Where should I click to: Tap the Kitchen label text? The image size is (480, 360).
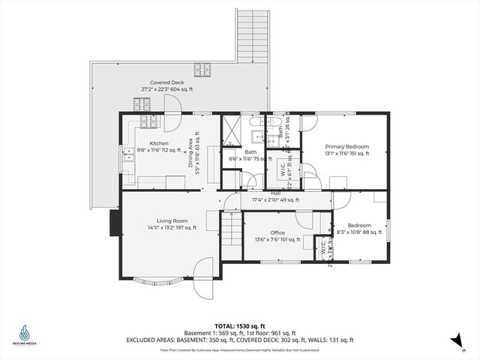[159, 143]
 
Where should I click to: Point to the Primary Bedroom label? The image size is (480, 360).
[346, 146]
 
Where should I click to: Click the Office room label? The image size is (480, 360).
[277, 232]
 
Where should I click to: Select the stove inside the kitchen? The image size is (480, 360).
[147, 121]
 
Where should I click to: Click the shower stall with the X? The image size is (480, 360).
[232, 130]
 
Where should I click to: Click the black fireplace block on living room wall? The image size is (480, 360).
[115, 223]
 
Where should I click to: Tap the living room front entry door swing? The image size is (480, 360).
[203, 275]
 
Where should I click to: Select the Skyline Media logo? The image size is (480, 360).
[25, 335]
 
